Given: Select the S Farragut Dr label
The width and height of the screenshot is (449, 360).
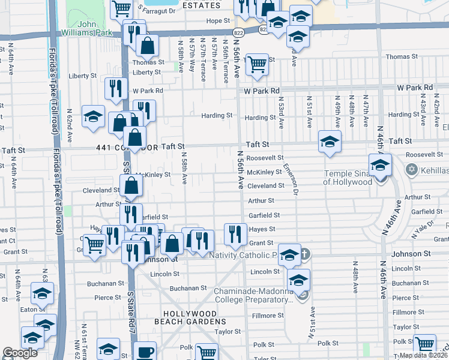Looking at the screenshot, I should click(x=157, y=10).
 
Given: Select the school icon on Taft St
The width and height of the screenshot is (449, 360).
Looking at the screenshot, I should click(x=330, y=142).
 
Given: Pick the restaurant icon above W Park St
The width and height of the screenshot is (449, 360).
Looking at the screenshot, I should click(x=113, y=89).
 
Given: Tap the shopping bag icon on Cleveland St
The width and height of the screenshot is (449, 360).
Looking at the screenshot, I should click(x=131, y=187).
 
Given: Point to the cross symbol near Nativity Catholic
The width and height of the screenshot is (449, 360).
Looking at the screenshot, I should click(x=304, y=254).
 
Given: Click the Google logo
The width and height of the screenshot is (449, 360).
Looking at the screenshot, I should click(x=20, y=353).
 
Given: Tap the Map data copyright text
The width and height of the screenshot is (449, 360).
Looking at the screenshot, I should click(x=423, y=355).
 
